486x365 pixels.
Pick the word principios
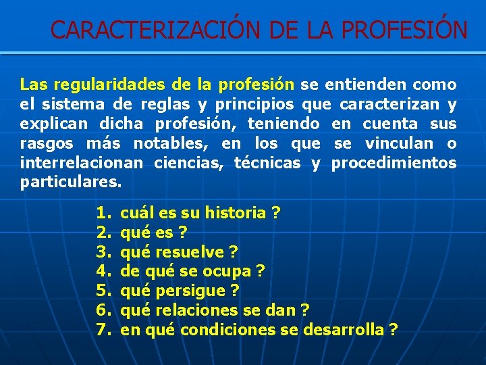coord(254,105)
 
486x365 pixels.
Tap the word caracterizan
coord(388,105)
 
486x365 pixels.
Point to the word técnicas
coord(267,163)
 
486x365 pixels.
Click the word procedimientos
coord(394,163)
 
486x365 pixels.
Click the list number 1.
coord(103,214)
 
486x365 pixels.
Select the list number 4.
coord(103,271)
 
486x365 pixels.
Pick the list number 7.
coord(103,330)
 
